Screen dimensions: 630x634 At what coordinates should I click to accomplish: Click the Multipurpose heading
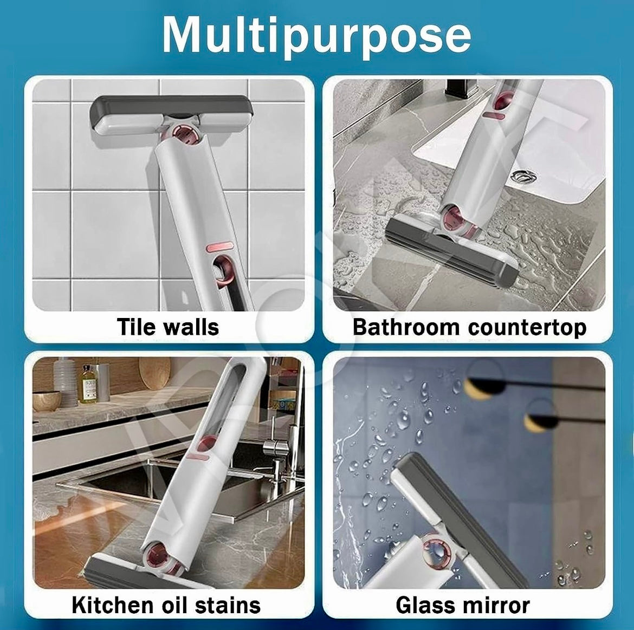coord(316,36)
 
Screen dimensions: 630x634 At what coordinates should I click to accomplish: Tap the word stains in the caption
coord(227,605)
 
